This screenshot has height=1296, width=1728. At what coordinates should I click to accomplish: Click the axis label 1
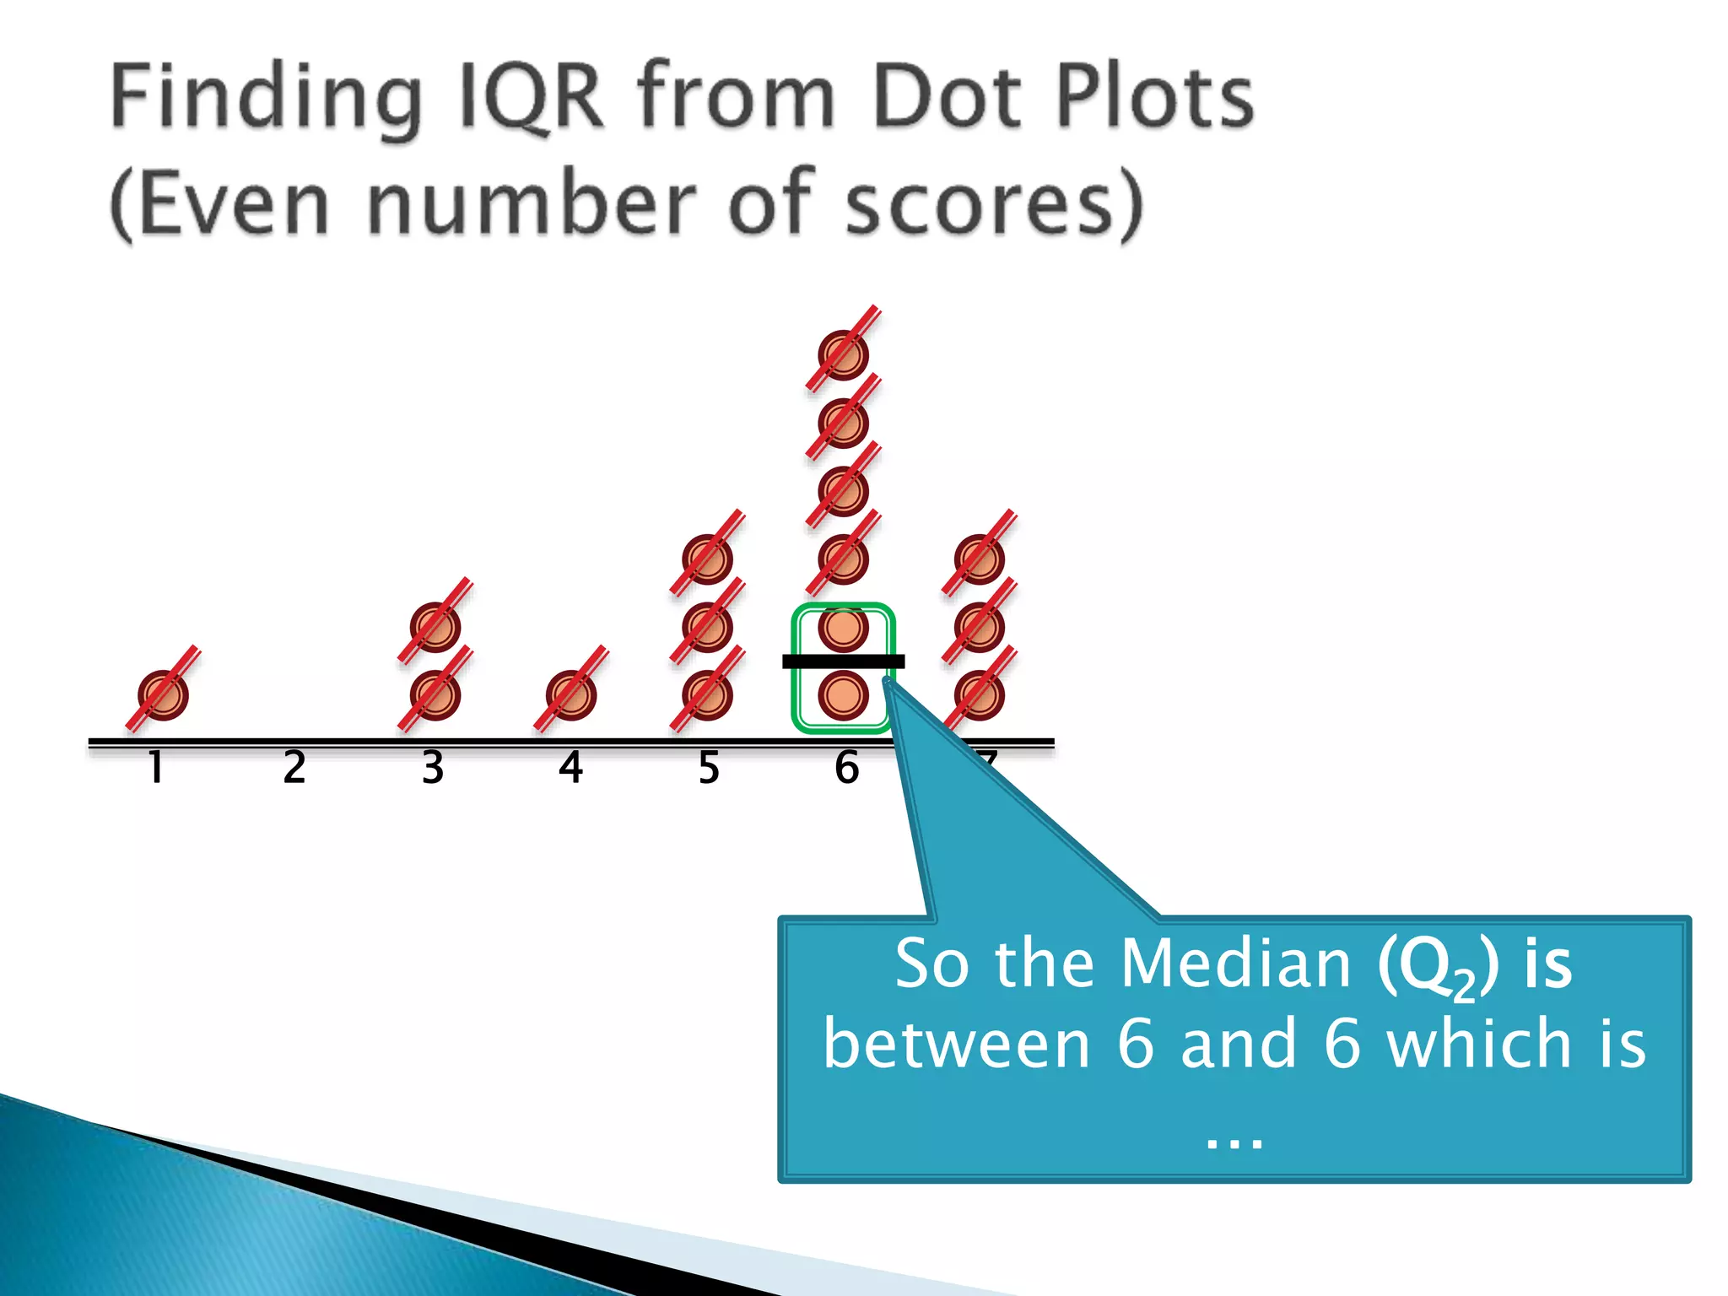[156, 768]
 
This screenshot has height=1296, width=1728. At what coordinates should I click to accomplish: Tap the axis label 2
[294, 768]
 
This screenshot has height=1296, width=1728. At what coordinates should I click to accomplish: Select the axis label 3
[433, 768]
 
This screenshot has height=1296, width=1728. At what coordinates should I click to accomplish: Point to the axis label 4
[571, 768]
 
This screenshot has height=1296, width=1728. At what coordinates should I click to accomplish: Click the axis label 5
[709, 768]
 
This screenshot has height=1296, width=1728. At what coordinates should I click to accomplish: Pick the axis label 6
[846, 768]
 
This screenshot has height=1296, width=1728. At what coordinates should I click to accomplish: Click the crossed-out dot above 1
[163, 695]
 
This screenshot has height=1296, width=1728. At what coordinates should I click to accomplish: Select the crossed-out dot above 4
[571, 695]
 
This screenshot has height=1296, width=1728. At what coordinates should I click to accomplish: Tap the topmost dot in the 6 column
[843, 355]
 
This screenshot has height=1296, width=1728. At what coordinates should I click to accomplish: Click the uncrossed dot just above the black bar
[843, 627]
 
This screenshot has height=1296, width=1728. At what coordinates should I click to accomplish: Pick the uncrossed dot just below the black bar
[843, 695]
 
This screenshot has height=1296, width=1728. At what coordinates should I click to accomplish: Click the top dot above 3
[435, 627]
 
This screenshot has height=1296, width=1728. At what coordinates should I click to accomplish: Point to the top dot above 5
[707, 559]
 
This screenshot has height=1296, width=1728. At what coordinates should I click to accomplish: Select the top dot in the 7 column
[979, 559]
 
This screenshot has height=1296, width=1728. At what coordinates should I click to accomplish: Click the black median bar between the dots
[843, 661]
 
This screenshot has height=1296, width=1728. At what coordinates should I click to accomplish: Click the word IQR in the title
[531, 96]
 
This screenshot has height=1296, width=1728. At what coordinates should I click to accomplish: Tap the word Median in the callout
[1236, 964]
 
